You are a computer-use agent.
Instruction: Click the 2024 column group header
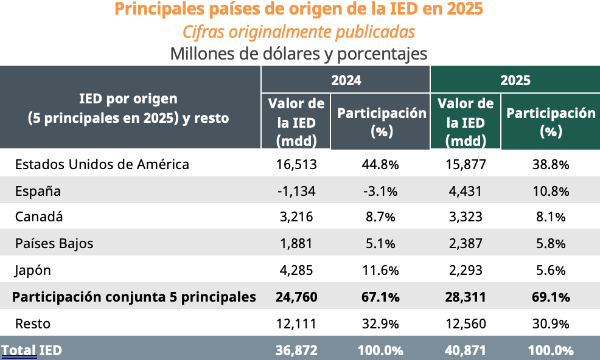[x=346, y=80]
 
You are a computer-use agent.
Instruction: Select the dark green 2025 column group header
[x=515, y=80]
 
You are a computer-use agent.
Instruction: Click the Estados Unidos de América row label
[x=102, y=164]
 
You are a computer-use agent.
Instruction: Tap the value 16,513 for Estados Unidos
[x=297, y=164]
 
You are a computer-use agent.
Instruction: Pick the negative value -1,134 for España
[x=296, y=192]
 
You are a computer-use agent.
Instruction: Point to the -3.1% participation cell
[x=381, y=192]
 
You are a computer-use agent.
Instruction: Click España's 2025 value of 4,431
[x=466, y=192]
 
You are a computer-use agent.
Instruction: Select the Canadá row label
[x=39, y=217]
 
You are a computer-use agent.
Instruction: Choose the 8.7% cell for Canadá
[x=381, y=217]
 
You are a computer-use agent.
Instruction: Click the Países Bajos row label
[x=54, y=244]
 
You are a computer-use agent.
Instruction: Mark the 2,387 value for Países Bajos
[x=466, y=244]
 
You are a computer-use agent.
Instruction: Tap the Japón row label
[x=33, y=271]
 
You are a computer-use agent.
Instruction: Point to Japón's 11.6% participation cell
[x=381, y=271]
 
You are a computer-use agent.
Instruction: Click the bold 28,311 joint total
[x=466, y=297]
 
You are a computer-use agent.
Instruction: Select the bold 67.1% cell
[x=381, y=297]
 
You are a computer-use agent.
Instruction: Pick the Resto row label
[x=32, y=324]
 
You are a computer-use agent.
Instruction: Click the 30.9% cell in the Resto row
[x=551, y=324]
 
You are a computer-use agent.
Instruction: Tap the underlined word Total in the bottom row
[x=19, y=350]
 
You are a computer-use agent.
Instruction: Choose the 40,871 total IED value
[x=466, y=350]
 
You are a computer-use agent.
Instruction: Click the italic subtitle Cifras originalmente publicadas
[x=299, y=31]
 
